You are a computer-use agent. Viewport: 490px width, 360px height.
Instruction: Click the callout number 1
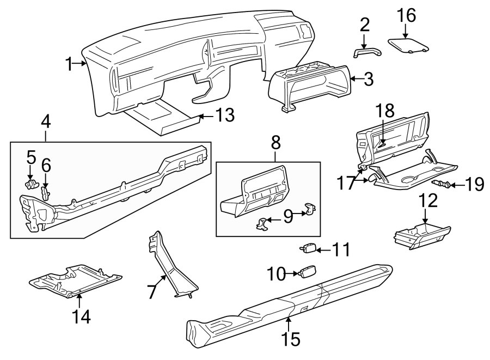(69, 64)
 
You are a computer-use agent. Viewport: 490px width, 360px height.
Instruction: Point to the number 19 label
(475, 184)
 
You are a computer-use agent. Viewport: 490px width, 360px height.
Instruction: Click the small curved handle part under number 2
(365, 52)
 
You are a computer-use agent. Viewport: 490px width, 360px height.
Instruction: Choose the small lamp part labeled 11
(309, 248)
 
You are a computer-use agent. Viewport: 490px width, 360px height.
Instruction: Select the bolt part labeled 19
(442, 185)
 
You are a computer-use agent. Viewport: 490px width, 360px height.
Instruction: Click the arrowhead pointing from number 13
(199, 116)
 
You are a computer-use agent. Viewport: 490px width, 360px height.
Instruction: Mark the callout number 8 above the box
(276, 143)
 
